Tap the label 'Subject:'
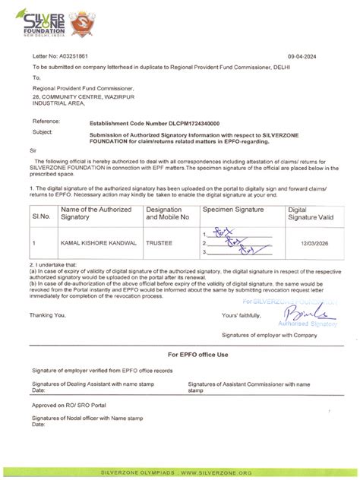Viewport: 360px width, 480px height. coord(42,131)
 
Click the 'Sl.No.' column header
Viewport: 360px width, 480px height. coord(40,216)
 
